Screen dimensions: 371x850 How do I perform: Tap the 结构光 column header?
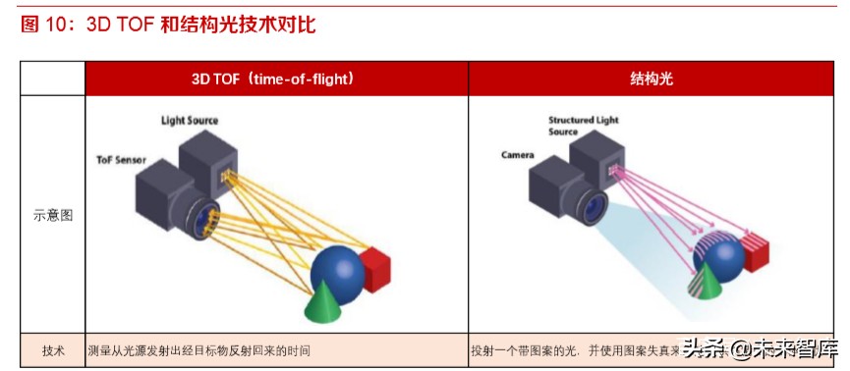tap(652, 79)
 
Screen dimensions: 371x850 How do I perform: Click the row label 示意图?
tap(53, 215)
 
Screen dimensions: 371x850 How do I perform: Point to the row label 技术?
tap(53, 350)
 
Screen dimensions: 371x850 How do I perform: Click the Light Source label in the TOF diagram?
tap(190, 120)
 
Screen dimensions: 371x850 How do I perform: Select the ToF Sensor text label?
tap(121, 159)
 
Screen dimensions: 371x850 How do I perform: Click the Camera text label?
tap(517, 155)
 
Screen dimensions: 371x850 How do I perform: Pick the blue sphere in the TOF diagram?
tap(337, 268)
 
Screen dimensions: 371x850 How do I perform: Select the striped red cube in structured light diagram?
tap(762, 251)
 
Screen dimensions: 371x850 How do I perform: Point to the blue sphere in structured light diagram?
tap(722, 257)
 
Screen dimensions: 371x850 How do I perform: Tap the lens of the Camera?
tap(594, 204)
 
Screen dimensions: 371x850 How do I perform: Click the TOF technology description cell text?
tap(205, 350)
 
